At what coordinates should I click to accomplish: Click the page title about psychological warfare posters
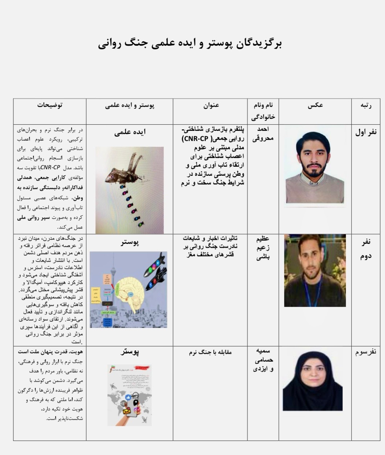pos(190,43)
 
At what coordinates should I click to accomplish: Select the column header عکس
pos(315,105)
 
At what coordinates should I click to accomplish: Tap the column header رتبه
pos(365,105)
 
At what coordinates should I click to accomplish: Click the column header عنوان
pos(211,105)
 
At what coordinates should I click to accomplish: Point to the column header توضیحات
pos(50,105)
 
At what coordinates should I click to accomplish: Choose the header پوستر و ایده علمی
pos(130,106)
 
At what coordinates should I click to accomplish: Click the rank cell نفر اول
pos(365,132)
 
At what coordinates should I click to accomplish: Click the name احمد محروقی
pos(263,133)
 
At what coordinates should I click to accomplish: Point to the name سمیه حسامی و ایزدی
pos(263,360)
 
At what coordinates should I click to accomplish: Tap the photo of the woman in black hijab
pos(313,380)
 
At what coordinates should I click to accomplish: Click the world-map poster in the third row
pos(130,395)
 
